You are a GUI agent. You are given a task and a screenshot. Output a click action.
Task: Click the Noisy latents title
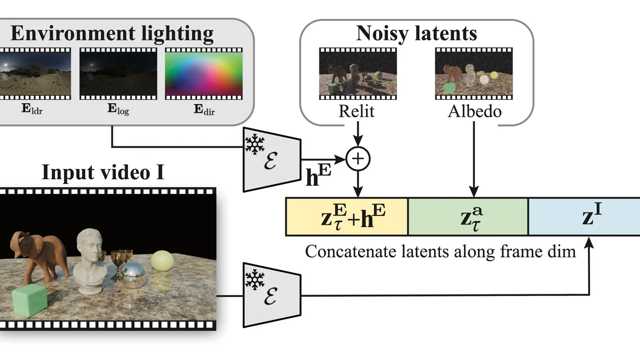(x=417, y=34)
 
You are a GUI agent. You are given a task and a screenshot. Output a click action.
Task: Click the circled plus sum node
(x=358, y=159)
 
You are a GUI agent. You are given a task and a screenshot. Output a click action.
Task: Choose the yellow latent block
(x=347, y=216)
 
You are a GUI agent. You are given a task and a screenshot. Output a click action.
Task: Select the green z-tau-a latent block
(x=468, y=216)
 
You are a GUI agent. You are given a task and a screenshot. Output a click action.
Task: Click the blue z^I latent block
(x=585, y=216)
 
